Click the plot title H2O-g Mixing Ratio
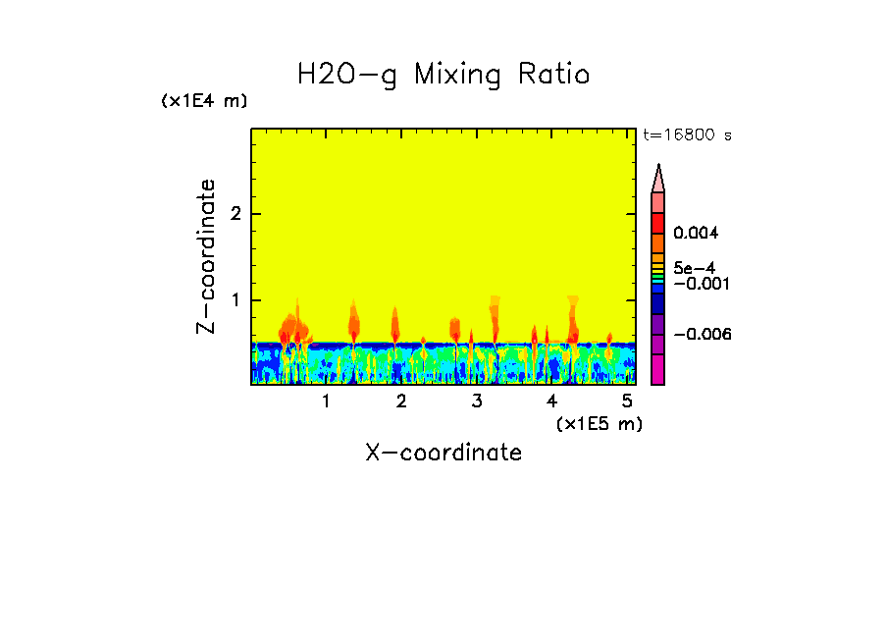click(443, 75)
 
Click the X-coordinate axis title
click(443, 453)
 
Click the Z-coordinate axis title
click(206, 256)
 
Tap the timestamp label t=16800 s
click(687, 135)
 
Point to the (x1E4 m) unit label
click(204, 101)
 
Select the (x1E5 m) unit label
click(599, 423)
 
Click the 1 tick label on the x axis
click(326, 401)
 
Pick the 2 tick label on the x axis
click(401, 401)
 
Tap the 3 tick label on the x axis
click(477, 401)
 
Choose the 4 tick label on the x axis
click(552, 401)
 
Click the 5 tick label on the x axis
click(628, 401)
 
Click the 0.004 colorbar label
click(697, 234)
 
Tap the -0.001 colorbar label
click(700, 284)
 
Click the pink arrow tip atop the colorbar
click(658, 178)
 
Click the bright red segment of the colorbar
click(658, 223)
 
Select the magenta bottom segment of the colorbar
click(658, 369)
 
